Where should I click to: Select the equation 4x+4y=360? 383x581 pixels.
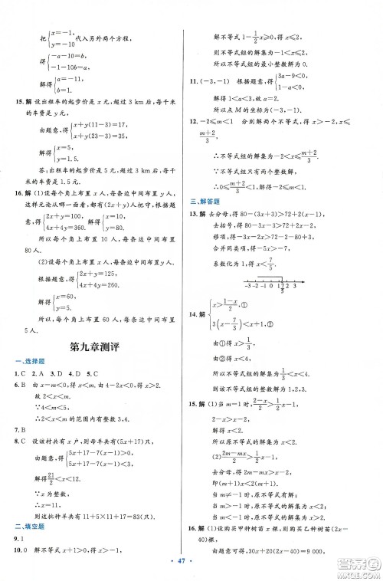click(84, 227)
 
